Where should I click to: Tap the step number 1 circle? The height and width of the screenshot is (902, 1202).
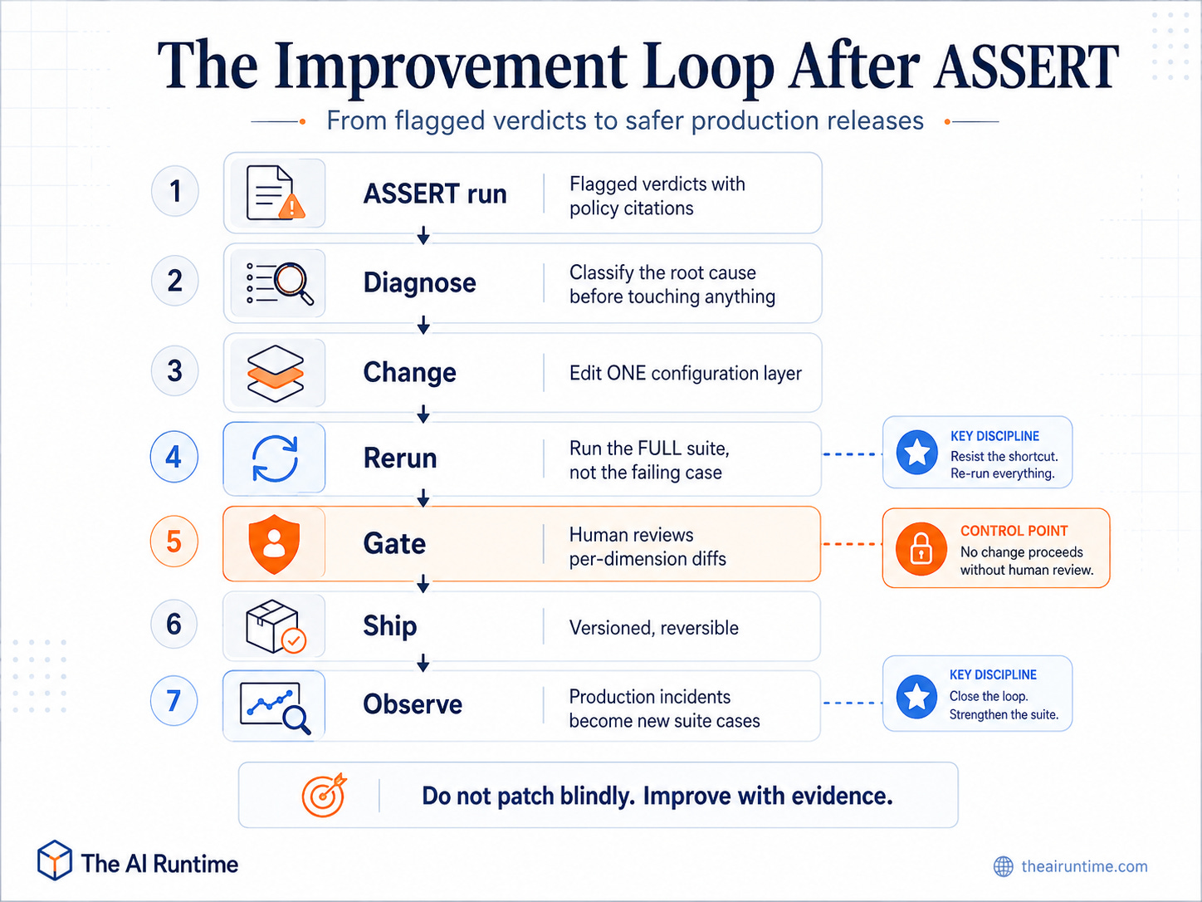[174, 191]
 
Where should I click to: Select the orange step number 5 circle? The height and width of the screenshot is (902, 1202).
[174, 541]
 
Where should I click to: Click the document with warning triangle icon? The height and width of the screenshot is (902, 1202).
[276, 193]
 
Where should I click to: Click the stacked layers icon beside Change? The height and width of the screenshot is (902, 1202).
[275, 374]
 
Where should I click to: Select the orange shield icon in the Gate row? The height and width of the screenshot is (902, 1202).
[274, 543]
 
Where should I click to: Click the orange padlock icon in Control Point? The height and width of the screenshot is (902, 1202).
[921, 549]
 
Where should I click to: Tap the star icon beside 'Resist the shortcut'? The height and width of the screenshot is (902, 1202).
[916, 453]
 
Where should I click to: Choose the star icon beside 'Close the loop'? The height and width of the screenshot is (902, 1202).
[916, 696]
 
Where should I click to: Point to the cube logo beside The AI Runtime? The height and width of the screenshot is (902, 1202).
[54, 860]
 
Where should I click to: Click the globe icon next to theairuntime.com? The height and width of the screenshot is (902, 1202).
[1004, 866]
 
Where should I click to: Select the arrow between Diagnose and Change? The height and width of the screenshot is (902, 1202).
[423, 325]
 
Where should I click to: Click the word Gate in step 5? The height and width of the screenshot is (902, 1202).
[394, 544]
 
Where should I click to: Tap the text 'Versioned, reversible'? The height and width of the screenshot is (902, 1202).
[654, 628]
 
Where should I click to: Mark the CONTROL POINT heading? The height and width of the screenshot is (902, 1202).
[1014, 531]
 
